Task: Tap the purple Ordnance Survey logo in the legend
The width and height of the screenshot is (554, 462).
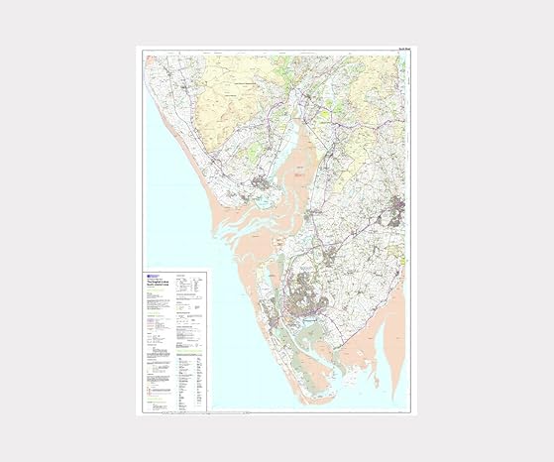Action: coord(148,275)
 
